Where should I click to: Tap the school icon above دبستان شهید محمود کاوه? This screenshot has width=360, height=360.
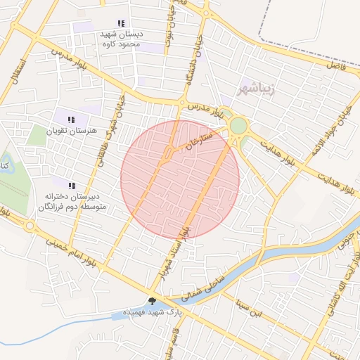coord(122,23)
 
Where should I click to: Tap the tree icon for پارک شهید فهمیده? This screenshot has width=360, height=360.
coord(152,301)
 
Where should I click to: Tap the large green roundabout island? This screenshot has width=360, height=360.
coord(238,127)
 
